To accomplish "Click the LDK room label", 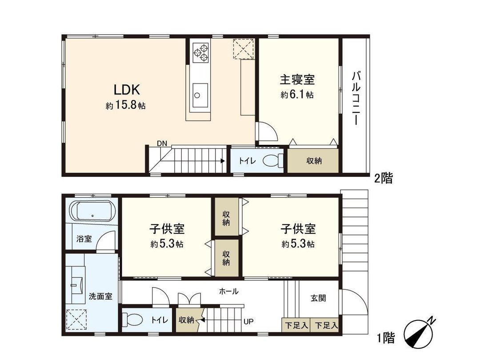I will point(127,90).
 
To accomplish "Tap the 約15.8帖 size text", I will point(126,106).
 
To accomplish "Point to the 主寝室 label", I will point(297,80).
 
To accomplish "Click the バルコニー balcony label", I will point(355,98).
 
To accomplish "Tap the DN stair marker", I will point(162,143).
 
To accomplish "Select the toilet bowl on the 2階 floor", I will point(272,160).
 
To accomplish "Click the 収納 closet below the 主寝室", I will point(314,161).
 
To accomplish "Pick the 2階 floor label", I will point(383,179).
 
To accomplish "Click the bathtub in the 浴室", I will point(92,212).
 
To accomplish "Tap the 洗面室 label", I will point(100,296).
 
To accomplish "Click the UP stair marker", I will point(248,320).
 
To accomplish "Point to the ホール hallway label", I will point(229,292).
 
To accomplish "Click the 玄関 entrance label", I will point(318,298).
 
